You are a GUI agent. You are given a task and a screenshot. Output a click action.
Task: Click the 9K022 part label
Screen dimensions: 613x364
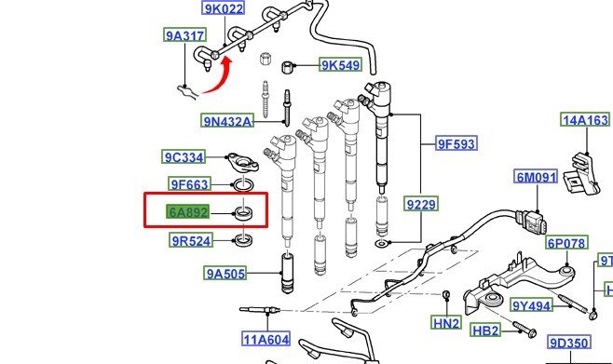pos(224,7)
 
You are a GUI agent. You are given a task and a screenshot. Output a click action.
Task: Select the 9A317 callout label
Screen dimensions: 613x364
pos(184,35)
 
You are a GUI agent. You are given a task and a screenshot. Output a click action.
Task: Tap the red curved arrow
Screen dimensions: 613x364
pos(217,76)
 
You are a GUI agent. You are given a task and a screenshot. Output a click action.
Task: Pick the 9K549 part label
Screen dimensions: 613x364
pos(341,65)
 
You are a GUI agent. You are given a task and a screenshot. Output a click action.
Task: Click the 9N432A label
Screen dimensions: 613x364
pos(227,121)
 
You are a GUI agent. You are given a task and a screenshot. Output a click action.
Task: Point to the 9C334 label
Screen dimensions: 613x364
pos(184,157)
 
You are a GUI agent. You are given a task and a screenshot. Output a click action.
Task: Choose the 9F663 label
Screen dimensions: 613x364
pos(190,184)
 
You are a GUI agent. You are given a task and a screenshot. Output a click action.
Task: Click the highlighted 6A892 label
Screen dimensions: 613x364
pos(187,212)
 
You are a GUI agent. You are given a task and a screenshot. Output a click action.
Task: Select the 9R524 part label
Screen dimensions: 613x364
pos(191,240)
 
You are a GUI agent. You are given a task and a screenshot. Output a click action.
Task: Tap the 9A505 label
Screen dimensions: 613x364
pos(225,273)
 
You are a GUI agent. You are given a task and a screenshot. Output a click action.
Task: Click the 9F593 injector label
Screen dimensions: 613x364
pos(456,143)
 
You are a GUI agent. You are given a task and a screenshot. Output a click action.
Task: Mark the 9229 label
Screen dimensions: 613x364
pos(421,204)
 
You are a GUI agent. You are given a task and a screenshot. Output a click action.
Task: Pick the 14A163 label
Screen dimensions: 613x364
pos(585,119)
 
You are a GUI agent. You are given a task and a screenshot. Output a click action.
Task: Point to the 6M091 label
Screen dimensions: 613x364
pos(536,177)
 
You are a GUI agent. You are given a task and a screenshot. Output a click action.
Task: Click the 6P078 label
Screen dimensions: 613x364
pos(566,243)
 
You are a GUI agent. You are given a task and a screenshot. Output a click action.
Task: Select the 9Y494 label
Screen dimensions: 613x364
pos(532,305)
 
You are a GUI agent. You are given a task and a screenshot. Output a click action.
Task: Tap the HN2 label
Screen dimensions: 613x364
pos(446,323)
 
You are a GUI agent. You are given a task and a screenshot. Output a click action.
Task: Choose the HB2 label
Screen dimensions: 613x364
pos(485,330)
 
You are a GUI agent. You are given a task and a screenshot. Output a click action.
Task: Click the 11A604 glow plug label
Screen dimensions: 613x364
pos(266,339)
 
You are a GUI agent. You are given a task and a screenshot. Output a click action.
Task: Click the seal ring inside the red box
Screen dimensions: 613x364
pos(243,213)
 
